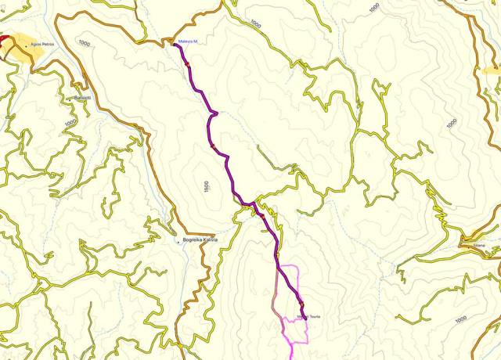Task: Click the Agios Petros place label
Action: pyautogui.click(x=42, y=45)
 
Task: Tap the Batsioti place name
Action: pyautogui.click(x=82, y=97)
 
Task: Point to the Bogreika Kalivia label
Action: pyautogui.click(x=200, y=239)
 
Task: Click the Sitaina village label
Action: pyautogui.click(x=479, y=246)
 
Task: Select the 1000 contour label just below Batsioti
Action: pyautogui.click(x=70, y=122)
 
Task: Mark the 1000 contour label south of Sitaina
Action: pyautogui.click(x=461, y=319)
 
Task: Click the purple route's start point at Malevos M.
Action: pyautogui.click(x=175, y=45)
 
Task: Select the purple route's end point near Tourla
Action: pyautogui.click(x=303, y=317)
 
